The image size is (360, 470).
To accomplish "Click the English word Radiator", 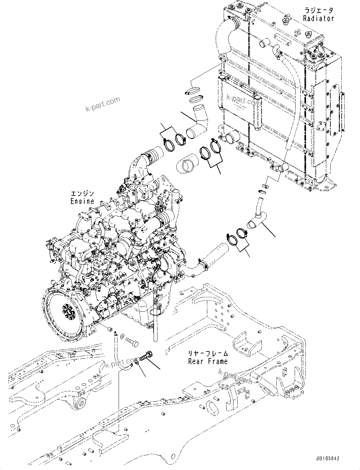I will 318,19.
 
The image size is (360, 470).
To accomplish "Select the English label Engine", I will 82,201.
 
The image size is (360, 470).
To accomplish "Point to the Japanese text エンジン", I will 82,194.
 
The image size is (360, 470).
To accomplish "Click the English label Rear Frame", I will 208,361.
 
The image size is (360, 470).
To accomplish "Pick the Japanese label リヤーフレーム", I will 208,354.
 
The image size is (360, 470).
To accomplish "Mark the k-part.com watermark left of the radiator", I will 103,104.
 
